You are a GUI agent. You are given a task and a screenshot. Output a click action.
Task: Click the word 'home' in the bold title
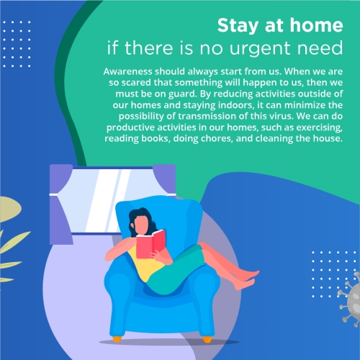316,25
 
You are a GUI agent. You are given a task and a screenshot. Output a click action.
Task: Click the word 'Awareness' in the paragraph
127,71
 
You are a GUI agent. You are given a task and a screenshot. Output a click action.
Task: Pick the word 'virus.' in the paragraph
282,116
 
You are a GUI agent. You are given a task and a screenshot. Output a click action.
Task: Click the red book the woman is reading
150,244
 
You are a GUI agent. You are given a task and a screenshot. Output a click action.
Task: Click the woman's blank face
141,225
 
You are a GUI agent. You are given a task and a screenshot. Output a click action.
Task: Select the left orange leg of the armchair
117,339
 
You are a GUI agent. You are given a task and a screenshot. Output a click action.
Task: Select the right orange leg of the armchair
207,339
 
